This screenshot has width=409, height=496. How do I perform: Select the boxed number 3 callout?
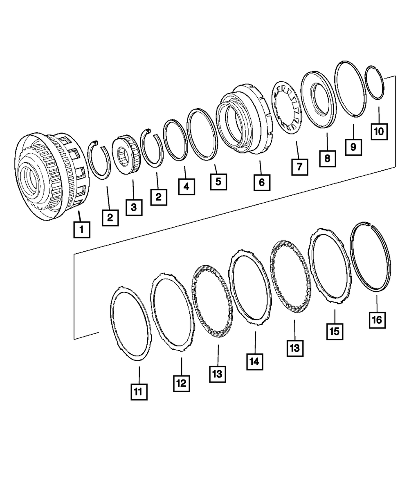click(x=134, y=207)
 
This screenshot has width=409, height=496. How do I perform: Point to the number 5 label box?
click(x=218, y=181)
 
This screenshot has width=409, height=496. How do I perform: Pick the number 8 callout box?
click(x=327, y=158)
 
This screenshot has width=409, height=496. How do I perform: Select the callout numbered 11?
click(x=139, y=391)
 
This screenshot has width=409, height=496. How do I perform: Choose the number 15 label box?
click(x=335, y=331)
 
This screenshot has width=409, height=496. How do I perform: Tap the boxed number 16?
click(x=377, y=319)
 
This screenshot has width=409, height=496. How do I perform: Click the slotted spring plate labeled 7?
click(x=287, y=108)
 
